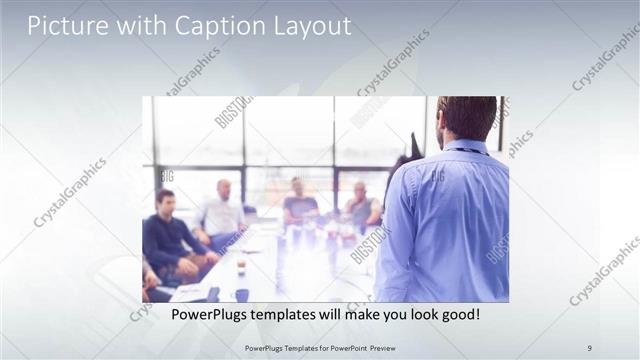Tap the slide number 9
(x=589, y=347)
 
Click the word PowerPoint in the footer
(x=338, y=347)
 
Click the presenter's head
(x=467, y=116)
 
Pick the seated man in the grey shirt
(x=361, y=207)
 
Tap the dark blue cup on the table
(x=242, y=295)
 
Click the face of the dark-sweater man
(x=166, y=201)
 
